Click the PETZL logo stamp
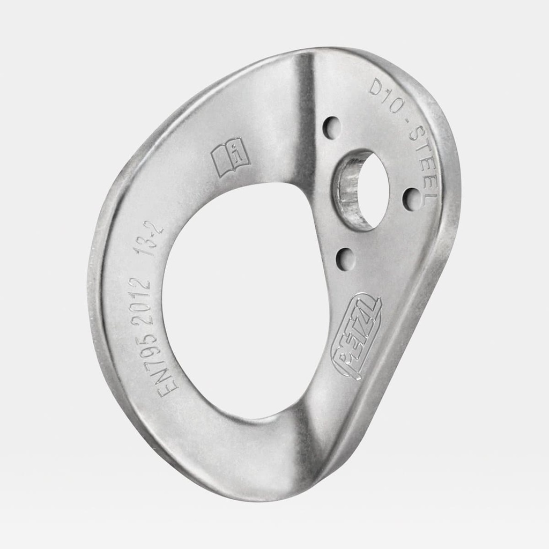357,336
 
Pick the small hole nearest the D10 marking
332,127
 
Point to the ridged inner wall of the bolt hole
348,190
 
